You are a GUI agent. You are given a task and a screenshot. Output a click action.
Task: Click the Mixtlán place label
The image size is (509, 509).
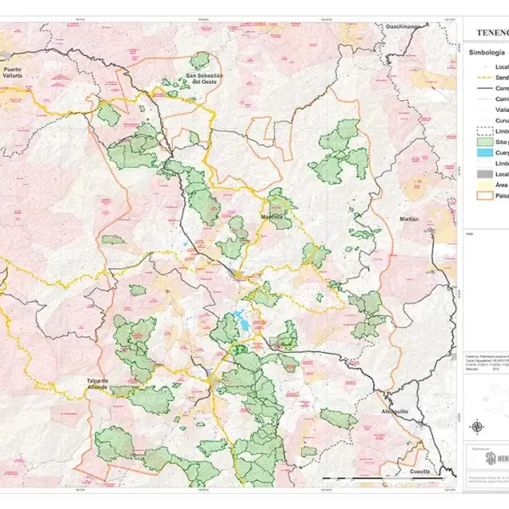click(x=409, y=219)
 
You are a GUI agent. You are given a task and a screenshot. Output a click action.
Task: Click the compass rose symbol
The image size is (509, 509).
click(x=478, y=427)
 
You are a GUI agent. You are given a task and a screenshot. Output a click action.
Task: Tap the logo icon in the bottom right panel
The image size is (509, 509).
click(x=490, y=457)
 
